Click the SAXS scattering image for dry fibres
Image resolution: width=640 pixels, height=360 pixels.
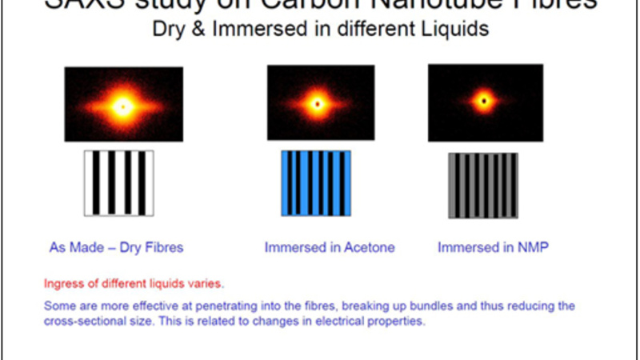(123, 104)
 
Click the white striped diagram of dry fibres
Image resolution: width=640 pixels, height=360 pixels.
(119, 183)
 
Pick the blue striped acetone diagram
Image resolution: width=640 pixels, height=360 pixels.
(316, 183)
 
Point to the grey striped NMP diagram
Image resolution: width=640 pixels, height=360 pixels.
(482, 185)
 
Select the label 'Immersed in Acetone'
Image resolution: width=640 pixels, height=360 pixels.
(330, 247)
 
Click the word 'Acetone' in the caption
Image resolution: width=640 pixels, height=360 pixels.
(369, 247)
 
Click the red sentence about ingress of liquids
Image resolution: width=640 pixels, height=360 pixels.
(134, 283)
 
